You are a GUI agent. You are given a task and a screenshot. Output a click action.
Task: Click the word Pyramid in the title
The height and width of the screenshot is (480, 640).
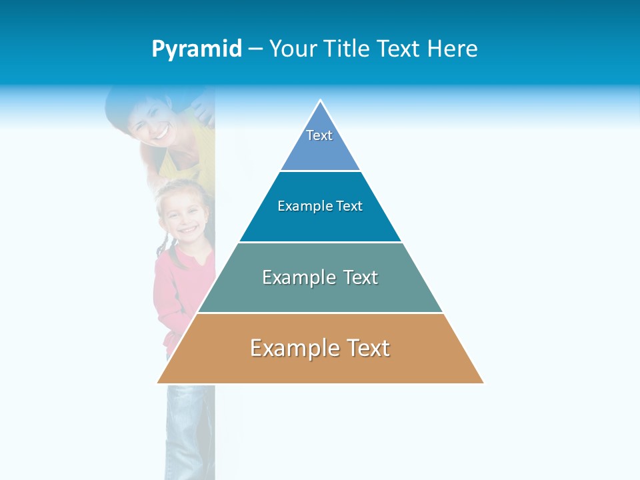point(197,49)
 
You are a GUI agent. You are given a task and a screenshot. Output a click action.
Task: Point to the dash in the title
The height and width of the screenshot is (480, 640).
point(255,49)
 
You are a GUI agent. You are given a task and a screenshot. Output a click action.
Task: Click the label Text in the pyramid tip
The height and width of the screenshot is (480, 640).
point(319,135)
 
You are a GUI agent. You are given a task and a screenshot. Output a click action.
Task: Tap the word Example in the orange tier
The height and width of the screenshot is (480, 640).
point(289,348)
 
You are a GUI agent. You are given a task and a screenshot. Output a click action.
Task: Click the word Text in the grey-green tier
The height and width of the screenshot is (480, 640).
point(361,277)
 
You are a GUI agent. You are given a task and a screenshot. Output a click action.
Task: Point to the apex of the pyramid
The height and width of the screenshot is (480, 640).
point(321,101)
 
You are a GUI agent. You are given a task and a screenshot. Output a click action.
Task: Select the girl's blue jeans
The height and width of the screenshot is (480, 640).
point(190,427)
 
